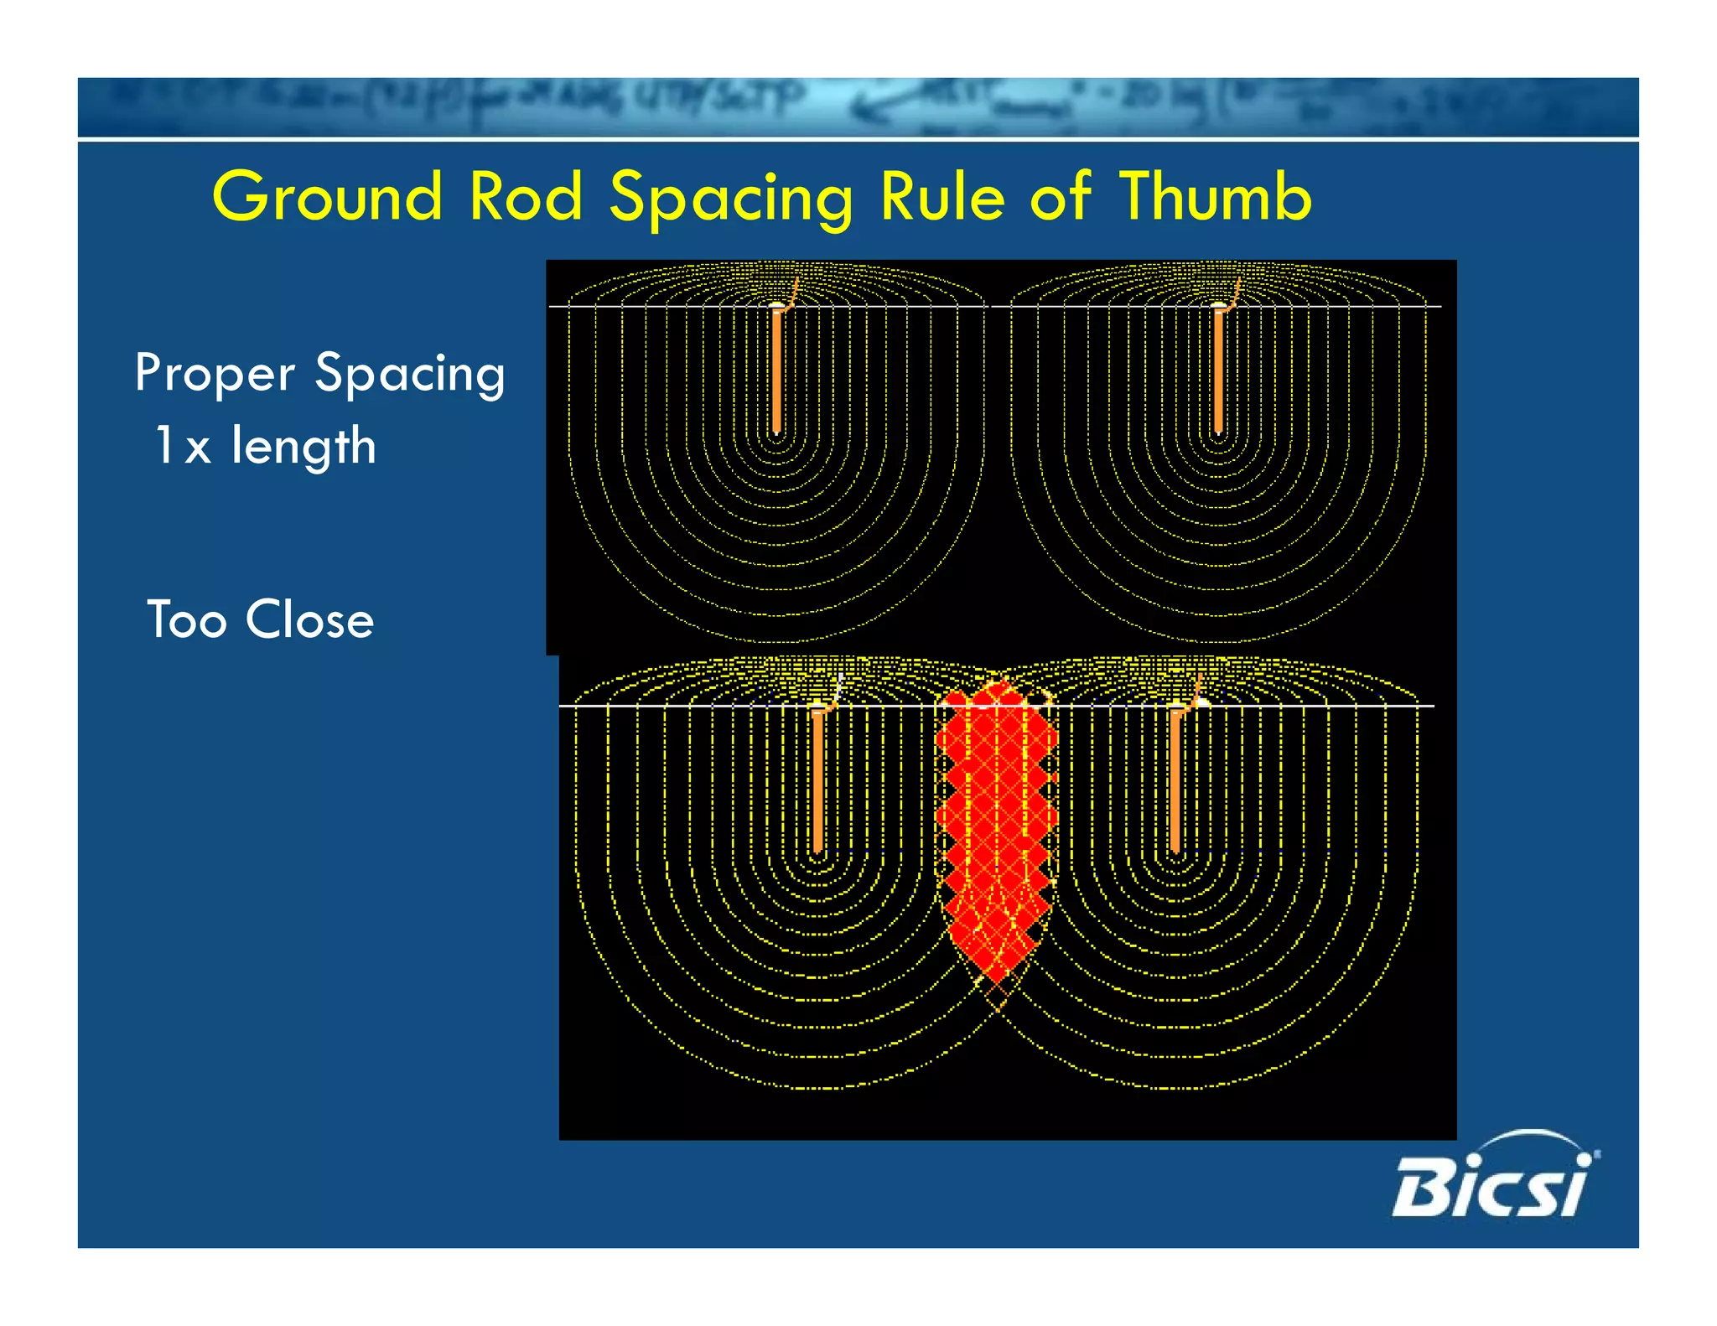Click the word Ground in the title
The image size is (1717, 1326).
[x=327, y=198]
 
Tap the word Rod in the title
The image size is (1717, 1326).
[x=526, y=198]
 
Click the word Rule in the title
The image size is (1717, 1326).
[x=942, y=198]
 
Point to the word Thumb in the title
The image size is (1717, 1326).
[x=1215, y=198]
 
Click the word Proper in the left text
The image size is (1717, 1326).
[x=215, y=374]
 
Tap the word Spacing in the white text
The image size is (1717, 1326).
[x=409, y=374]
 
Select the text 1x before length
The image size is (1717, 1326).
[x=182, y=445]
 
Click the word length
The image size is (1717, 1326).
[x=303, y=445]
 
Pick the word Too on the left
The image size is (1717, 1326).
[x=186, y=620]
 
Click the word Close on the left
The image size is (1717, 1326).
[x=309, y=620]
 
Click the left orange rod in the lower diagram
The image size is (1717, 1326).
[x=817, y=780]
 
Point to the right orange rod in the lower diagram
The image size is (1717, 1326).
[x=1175, y=780]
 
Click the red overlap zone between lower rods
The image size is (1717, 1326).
[x=996, y=821]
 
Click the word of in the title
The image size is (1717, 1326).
[x=1060, y=198]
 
